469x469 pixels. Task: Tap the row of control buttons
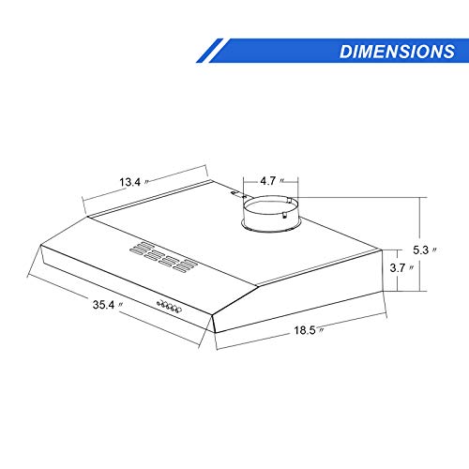pyautogui.click(x=170, y=306)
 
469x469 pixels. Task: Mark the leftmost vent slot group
pyautogui.click(x=138, y=250)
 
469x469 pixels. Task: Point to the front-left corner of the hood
pyautogui.click(x=39, y=248)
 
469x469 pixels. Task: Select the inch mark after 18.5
pyautogui.click(x=322, y=330)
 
